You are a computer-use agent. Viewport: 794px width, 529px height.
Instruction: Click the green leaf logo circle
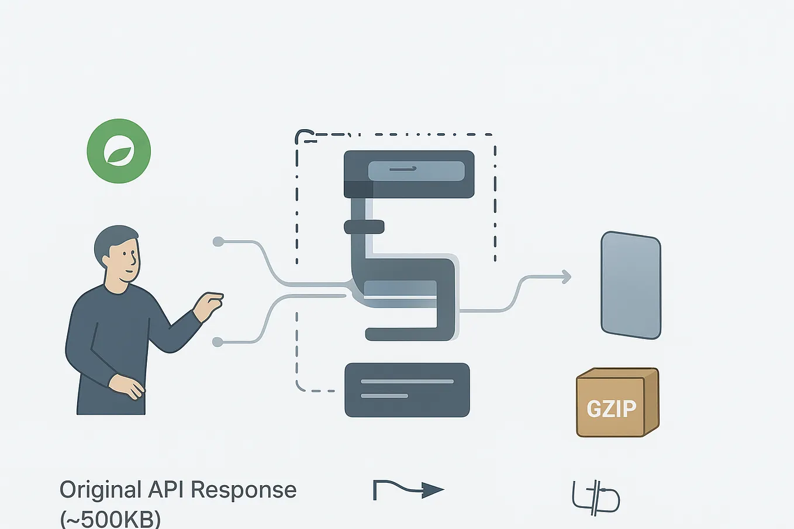click(119, 151)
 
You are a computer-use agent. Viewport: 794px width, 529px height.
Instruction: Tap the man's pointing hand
click(209, 306)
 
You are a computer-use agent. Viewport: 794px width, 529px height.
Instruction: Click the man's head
click(118, 254)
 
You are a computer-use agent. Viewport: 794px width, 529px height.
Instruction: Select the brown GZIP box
click(617, 402)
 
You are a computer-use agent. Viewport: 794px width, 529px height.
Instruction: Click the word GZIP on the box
click(612, 409)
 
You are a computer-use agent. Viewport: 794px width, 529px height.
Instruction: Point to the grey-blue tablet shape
click(631, 285)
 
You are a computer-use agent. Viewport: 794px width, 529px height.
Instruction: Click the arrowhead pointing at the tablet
click(567, 276)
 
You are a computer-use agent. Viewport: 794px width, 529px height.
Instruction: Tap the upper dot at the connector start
click(218, 242)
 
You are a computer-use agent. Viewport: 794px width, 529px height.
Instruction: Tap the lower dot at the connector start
click(218, 342)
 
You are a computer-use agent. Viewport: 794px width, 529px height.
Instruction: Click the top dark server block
click(409, 174)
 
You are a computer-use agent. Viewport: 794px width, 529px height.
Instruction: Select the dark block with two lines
click(408, 390)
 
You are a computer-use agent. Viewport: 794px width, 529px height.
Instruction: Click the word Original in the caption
click(101, 491)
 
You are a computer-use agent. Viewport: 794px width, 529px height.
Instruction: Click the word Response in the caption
click(244, 491)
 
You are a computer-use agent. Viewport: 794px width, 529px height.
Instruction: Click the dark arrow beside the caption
click(408, 490)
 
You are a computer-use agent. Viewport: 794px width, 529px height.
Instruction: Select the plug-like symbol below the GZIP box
click(596, 497)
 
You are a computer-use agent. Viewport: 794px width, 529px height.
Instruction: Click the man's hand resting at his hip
click(126, 387)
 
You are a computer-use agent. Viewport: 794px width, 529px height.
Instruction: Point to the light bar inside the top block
click(416, 171)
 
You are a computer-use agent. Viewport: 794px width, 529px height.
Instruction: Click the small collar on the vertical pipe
click(364, 227)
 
